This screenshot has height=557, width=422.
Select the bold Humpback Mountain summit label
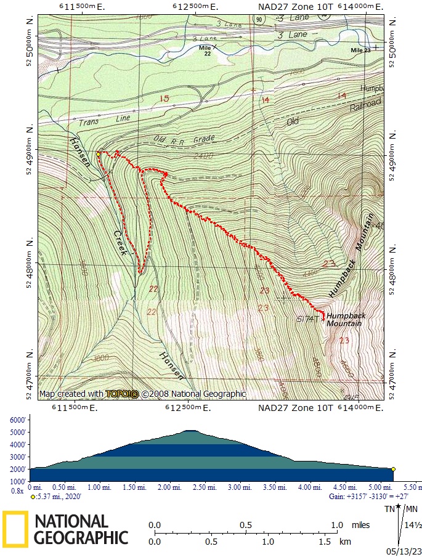[346, 319]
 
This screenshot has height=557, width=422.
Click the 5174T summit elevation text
[307, 319]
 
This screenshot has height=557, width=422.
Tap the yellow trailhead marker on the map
[99, 153]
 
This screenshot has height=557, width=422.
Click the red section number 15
[164, 99]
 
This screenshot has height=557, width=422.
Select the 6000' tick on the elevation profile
[18, 420]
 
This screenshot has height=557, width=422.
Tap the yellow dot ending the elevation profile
[393, 469]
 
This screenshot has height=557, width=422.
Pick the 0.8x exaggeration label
[17, 490]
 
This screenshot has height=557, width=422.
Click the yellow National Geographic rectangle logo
[15, 529]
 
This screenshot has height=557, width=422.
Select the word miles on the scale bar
[361, 525]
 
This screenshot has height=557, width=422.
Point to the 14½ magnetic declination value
[413, 525]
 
